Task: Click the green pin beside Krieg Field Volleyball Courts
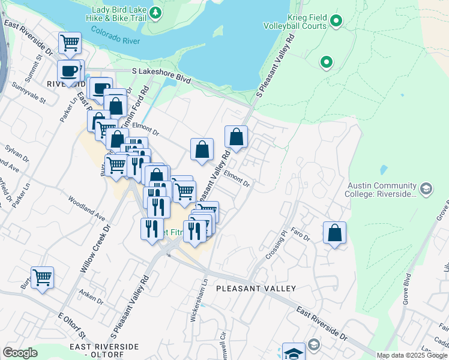point(336,22)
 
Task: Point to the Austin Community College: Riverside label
point(381,190)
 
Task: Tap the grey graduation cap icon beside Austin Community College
point(426,190)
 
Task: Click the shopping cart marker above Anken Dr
point(43,278)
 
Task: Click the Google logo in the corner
point(20,353)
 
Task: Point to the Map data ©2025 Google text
point(411,355)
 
